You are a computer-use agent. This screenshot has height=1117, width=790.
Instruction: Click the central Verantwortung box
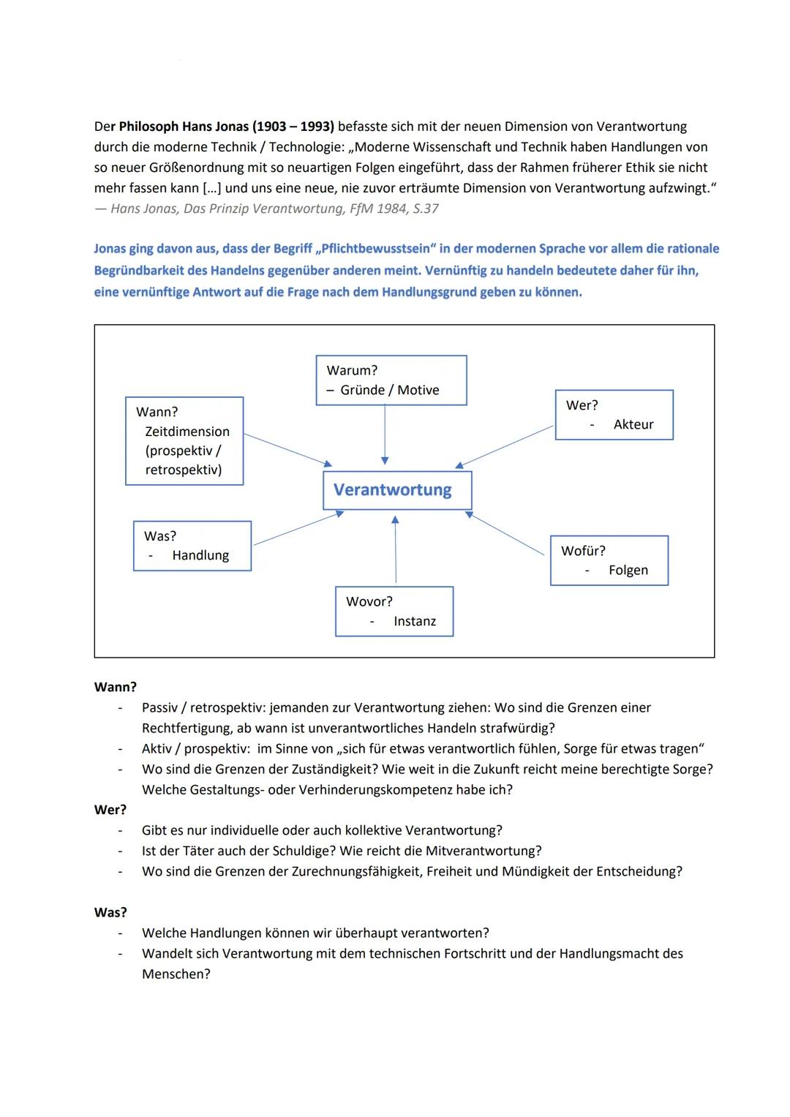pyautogui.click(x=397, y=490)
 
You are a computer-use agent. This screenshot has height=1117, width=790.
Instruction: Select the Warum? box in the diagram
pyautogui.click(x=391, y=380)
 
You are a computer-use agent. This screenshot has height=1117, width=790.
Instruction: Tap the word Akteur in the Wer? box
pyautogui.click(x=633, y=424)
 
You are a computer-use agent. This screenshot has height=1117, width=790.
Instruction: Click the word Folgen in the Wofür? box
pyautogui.click(x=628, y=570)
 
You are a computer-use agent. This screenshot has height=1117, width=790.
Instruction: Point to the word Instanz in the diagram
pyautogui.click(x=414, y=621)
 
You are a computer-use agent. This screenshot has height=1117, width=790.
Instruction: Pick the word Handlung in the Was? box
pyautogui.click(x=200, y=555)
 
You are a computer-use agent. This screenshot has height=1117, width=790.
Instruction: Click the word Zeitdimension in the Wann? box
pyautogui.click(x=187, y=432)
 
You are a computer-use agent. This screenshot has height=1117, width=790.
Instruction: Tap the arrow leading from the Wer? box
pyautogui.click(x=505, y=446)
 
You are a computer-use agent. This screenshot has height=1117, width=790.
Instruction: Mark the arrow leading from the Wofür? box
pyautogui.click(x=505, y=534)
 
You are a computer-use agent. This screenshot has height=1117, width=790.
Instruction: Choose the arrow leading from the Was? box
pyautogui.click(x=298, y=528)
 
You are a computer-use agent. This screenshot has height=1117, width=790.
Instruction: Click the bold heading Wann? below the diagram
pyautogui.click(x=115, y=687)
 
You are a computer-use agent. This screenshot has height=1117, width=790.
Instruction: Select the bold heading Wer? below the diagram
pyautogui.click(x=110, y=810)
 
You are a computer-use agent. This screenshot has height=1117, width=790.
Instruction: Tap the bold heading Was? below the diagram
pyautogui.click(x=110, y=912)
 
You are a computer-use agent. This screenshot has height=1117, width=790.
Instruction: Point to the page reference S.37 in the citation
pyautogui.click(x=425, y=208)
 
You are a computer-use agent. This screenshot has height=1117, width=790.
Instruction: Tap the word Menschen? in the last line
pyautogui.click(x=176, y=974)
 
